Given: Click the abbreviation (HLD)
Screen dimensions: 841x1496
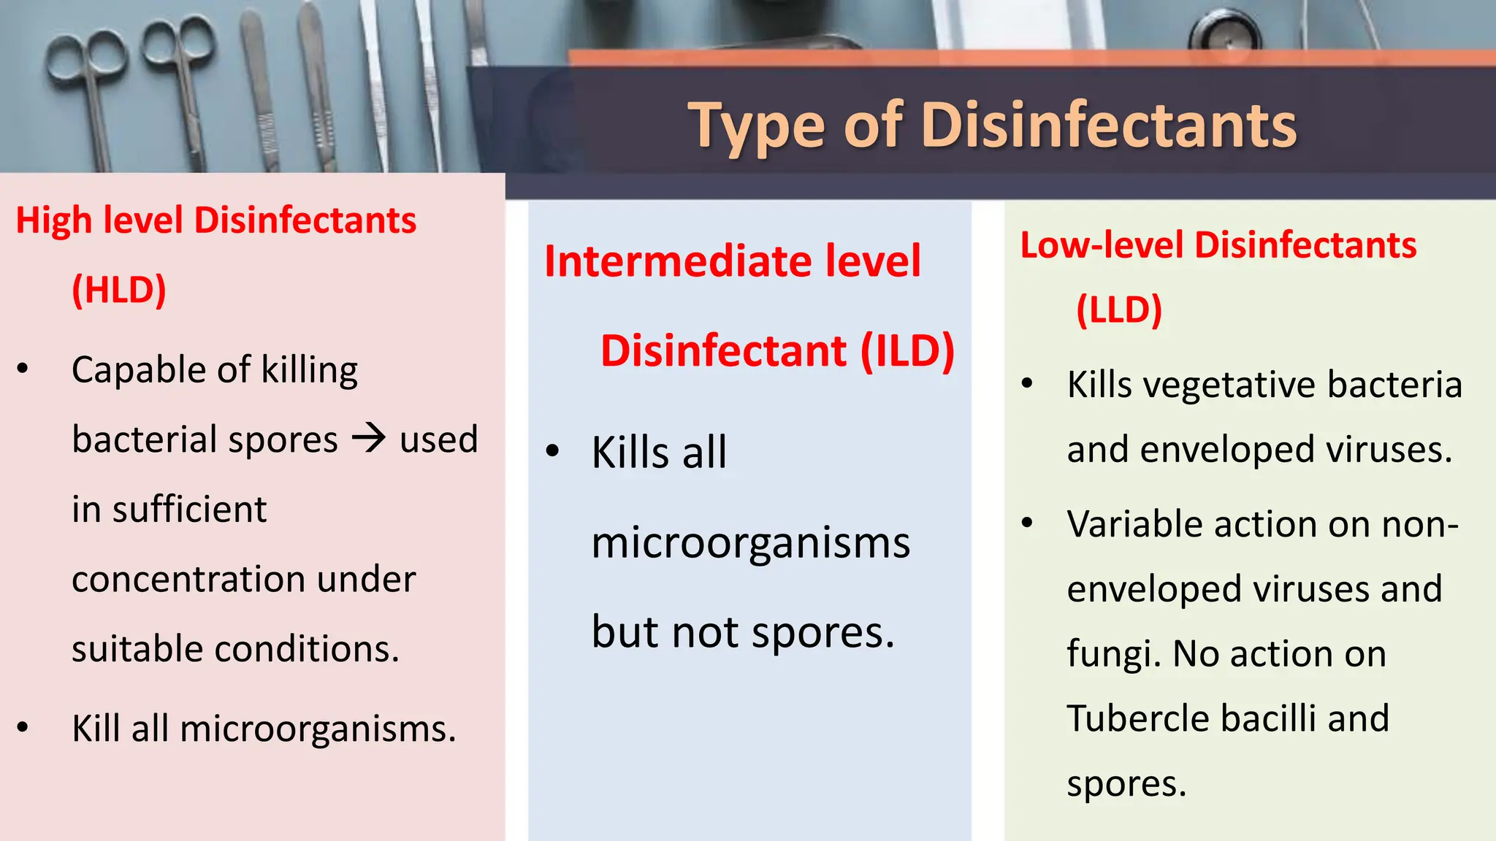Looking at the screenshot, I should pyautogui.click(x=119, y=290).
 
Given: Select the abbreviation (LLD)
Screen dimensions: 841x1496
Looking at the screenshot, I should pyautogui.click(x=1118, y=310).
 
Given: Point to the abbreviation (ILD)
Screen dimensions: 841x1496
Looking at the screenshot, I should pyautogui.click(x=907, y=351).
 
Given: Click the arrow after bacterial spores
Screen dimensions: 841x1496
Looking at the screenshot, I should pyautogui.click(x=369, y=438).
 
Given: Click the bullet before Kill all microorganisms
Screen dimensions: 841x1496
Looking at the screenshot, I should pyautogui.click(x=23, y=727).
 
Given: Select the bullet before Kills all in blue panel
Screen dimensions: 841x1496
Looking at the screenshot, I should pyautogui.click(x=553, y=451).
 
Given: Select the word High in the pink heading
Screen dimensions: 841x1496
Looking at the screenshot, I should pyautogui.click(x=53, y=220).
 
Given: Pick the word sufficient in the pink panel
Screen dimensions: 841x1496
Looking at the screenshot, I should pyautogui.click(x=189, y=509).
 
